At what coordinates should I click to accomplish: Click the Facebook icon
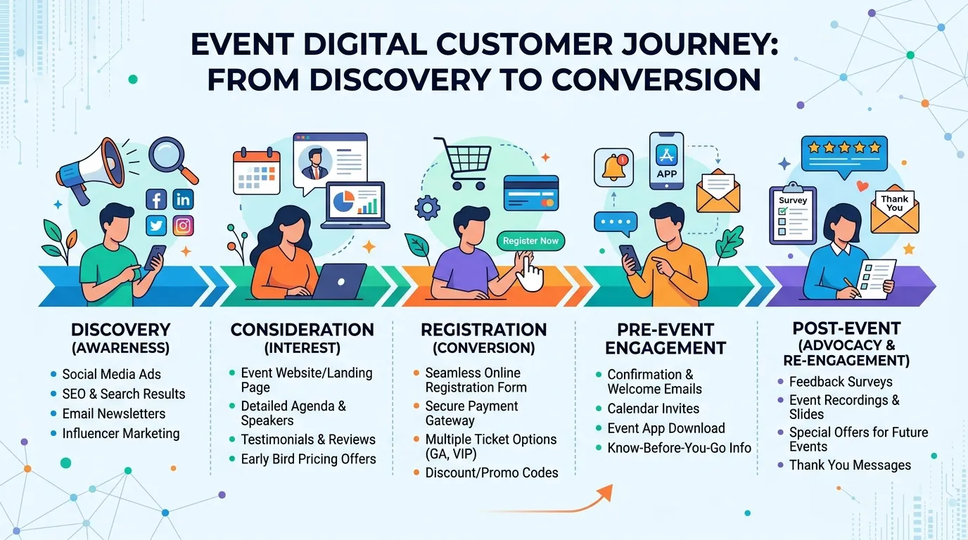156,200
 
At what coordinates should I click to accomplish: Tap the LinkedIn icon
183,200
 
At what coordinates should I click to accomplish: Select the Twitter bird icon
156,226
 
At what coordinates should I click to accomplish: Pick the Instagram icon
183,226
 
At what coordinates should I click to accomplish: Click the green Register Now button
530,241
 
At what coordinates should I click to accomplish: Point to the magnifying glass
172,160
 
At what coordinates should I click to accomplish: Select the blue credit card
531,193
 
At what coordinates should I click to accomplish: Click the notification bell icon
613,168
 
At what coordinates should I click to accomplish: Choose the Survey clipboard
793,214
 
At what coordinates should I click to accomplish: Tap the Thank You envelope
895,210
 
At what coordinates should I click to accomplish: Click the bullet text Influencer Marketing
121,433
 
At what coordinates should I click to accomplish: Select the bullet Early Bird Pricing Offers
309,458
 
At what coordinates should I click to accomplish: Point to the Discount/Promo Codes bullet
492,472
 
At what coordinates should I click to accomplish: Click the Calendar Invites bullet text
654,409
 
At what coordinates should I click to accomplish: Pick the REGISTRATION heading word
484,330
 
